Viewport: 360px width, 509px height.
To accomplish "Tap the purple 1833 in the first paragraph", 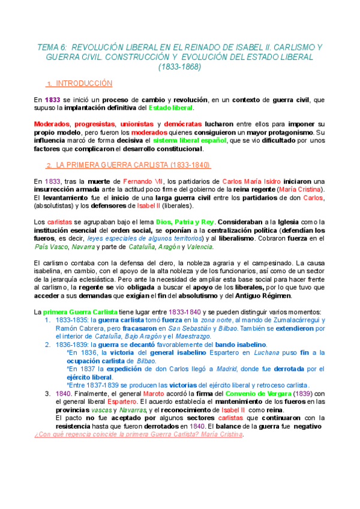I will coord(52,100).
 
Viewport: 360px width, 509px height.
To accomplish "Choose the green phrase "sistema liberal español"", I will coord(190,140).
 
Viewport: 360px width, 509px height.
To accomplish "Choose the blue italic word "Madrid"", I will coord(211,369).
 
